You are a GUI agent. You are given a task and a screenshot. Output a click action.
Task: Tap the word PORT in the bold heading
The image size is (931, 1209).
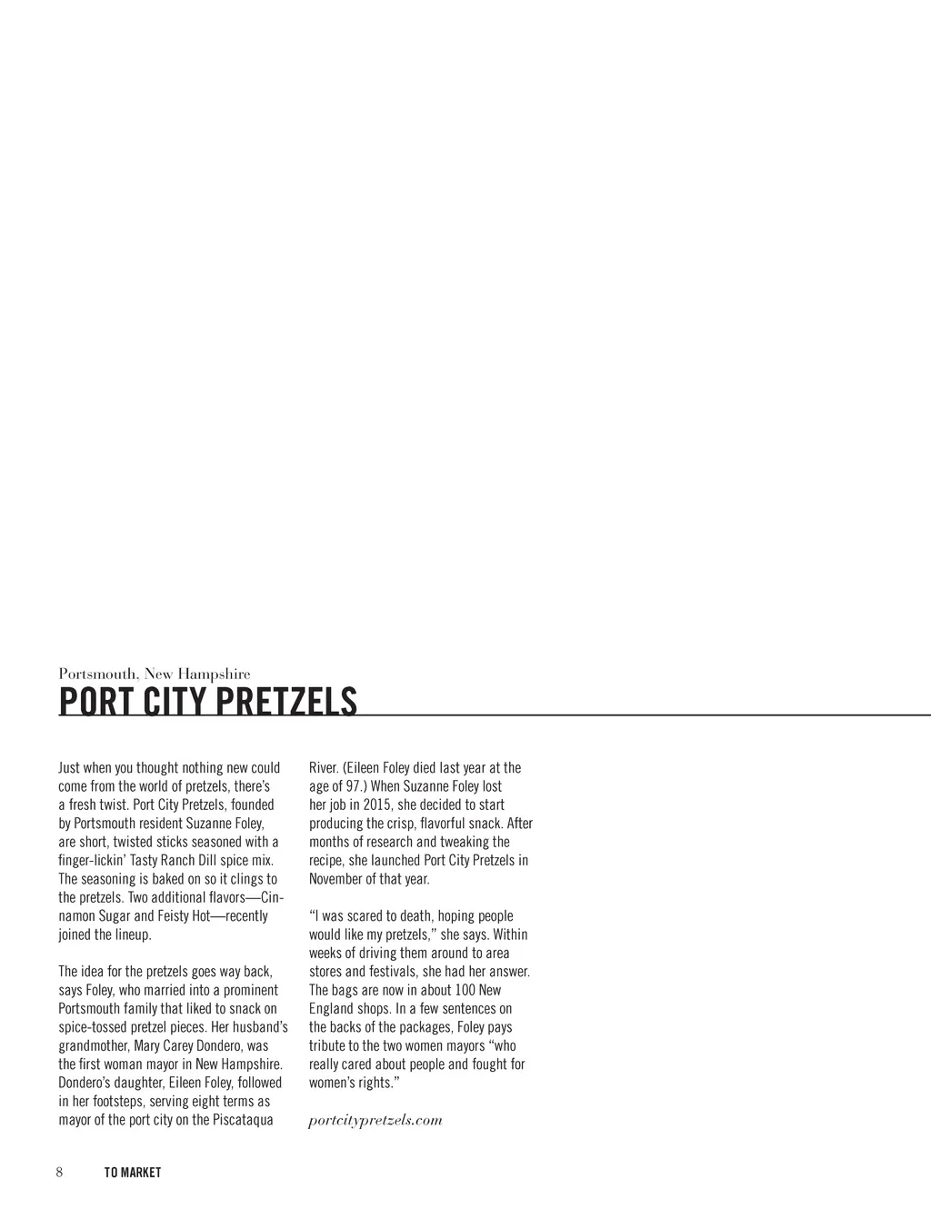coord(89,702)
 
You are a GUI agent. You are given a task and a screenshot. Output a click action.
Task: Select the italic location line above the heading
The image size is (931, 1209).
coord(155,674)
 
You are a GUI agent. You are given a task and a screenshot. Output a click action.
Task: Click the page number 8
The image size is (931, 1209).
coord(60,1172)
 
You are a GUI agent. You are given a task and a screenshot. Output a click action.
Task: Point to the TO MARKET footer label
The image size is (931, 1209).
coord(133,1173)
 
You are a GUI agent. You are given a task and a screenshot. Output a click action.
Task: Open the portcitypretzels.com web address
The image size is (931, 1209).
coord(375,1120)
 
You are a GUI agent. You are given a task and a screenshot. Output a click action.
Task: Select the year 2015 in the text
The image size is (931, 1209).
coord(374,804)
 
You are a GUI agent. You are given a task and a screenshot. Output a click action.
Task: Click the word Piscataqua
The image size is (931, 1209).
coord(243,1120)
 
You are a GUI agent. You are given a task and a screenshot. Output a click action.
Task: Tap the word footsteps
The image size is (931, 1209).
coord(117,1102)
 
